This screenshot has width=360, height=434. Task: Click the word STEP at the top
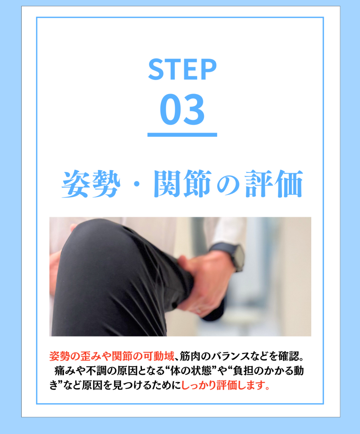182,69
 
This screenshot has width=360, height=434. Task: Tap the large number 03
182,109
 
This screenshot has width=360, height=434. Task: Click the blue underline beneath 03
182,135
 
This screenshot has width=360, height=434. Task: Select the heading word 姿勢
91,184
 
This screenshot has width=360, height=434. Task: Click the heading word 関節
183,184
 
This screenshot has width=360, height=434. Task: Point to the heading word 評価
274,184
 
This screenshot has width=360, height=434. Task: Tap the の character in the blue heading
228,186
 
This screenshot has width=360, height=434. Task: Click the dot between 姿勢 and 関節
137,184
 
